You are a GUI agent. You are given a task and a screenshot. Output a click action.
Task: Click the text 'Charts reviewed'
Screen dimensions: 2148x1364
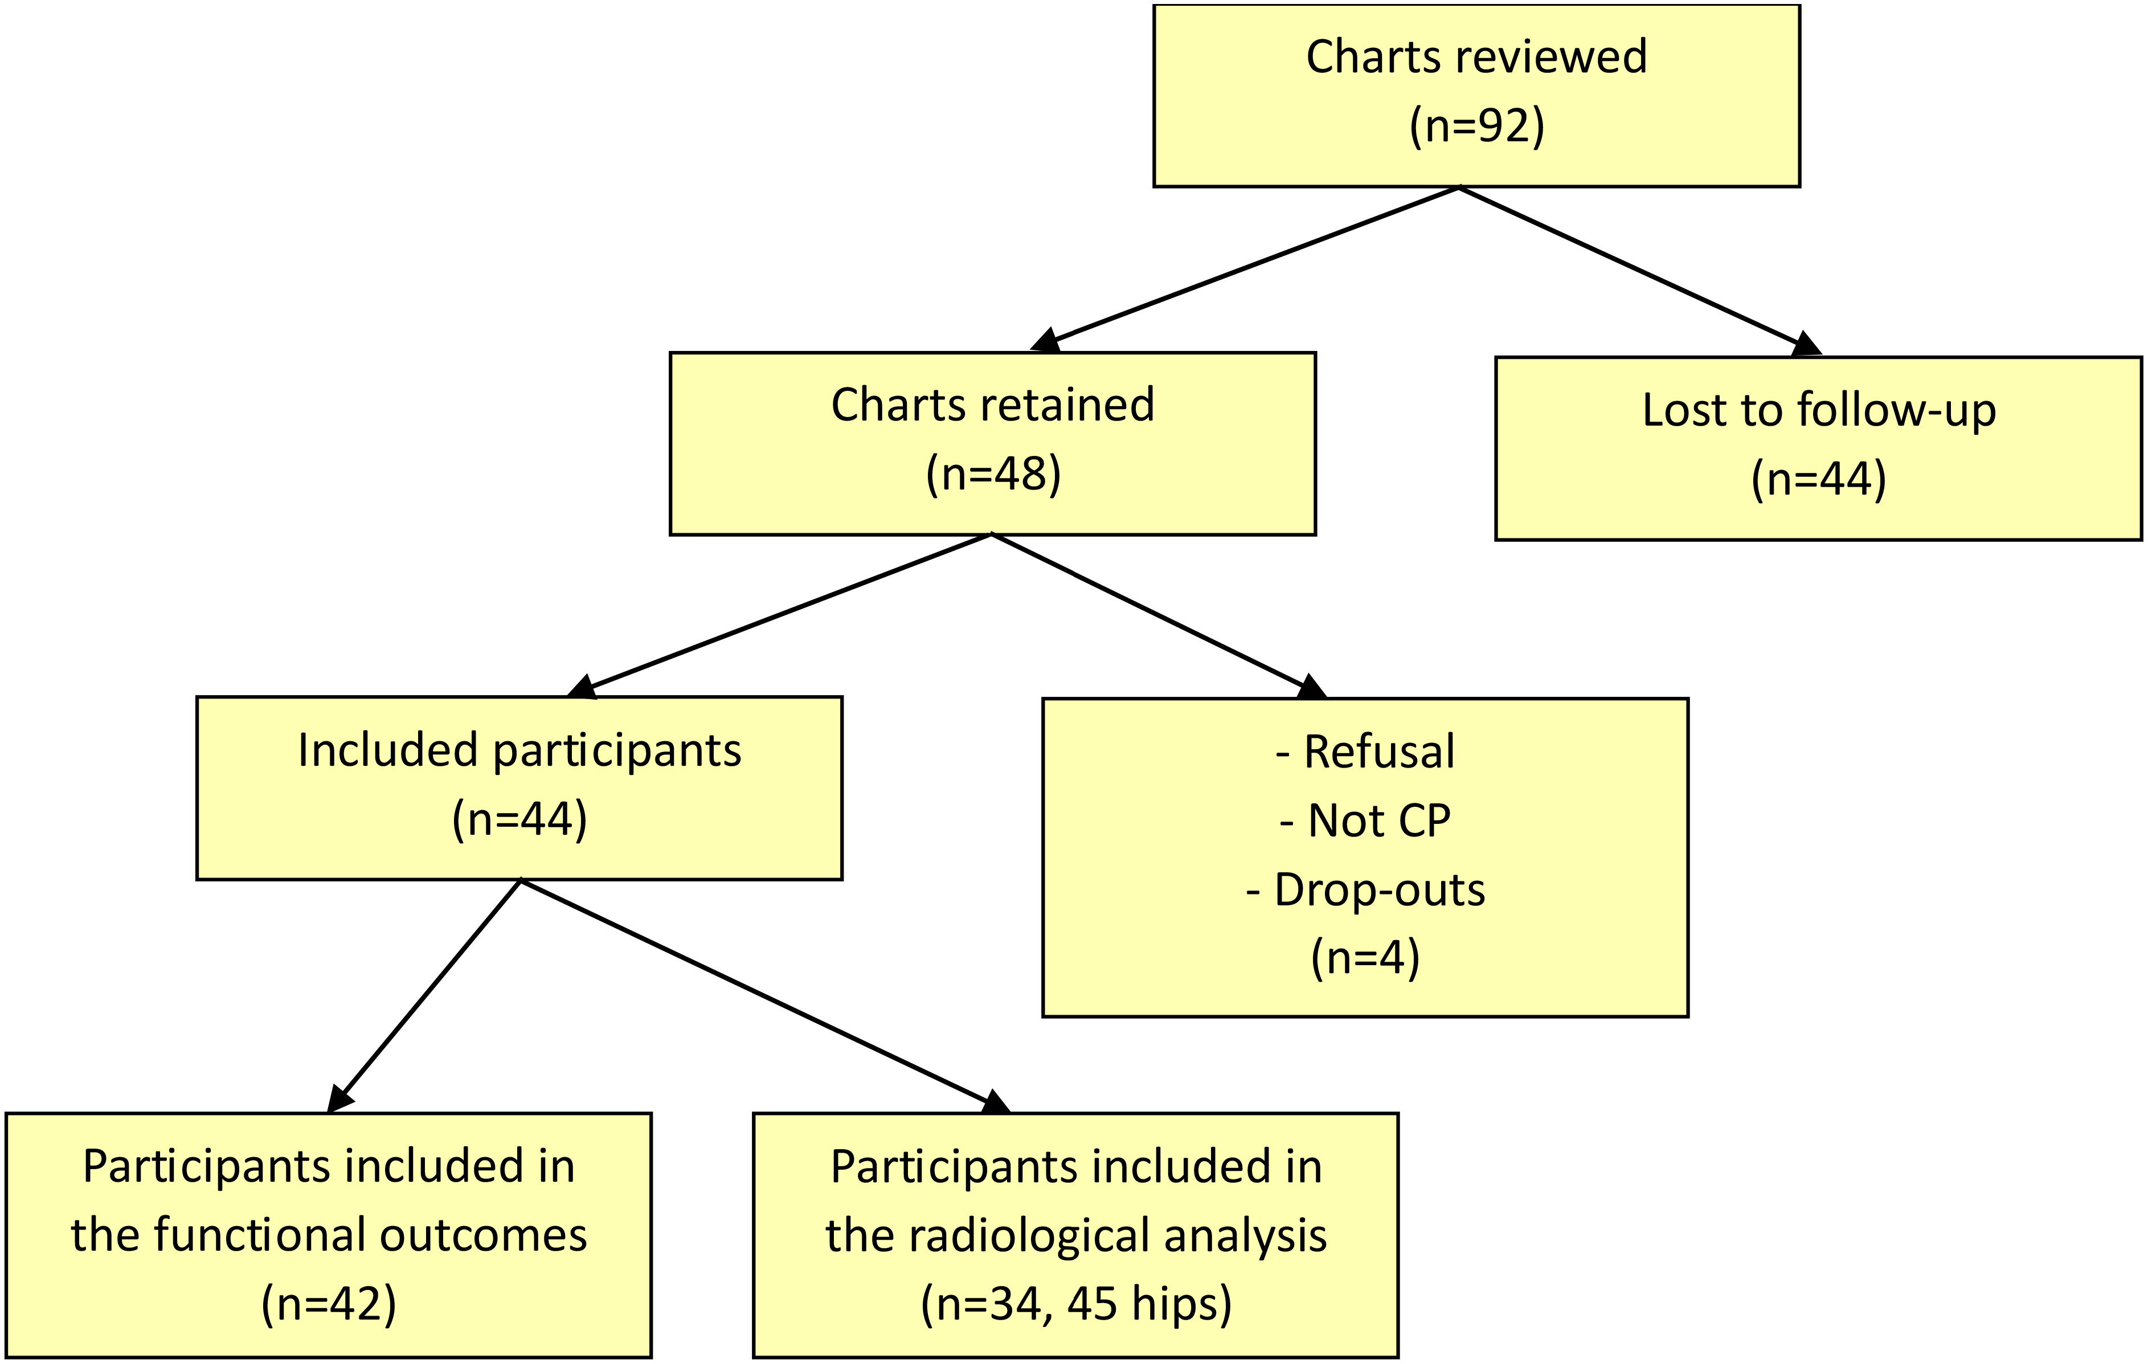coord(1476,57)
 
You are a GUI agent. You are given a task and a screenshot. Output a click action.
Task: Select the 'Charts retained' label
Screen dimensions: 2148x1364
coord(993,405)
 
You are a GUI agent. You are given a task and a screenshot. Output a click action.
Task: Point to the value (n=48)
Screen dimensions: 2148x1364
coord(993,473)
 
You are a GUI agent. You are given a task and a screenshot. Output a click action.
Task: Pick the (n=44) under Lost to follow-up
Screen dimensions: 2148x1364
coord(1819,479)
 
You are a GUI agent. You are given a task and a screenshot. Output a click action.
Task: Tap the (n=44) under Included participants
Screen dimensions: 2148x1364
coord(519,819)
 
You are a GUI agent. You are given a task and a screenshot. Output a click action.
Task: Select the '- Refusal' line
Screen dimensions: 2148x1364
coord(1365,751)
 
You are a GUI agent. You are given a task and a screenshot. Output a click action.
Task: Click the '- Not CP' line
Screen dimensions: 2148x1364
coord(1365,820)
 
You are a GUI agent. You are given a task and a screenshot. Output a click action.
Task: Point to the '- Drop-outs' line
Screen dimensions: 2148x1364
coord(1365,889)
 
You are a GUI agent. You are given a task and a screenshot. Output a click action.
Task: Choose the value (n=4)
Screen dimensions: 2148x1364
coord(1365,958)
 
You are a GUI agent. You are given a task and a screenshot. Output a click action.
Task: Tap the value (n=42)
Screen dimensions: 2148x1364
coord(329,1304)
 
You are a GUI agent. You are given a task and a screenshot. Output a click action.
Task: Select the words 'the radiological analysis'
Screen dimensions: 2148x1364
coord(1076,1236)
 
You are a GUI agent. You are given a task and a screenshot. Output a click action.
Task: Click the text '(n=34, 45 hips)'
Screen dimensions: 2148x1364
coord(1076,1304)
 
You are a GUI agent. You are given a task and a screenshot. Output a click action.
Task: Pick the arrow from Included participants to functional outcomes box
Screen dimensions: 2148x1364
coord(424,995)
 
